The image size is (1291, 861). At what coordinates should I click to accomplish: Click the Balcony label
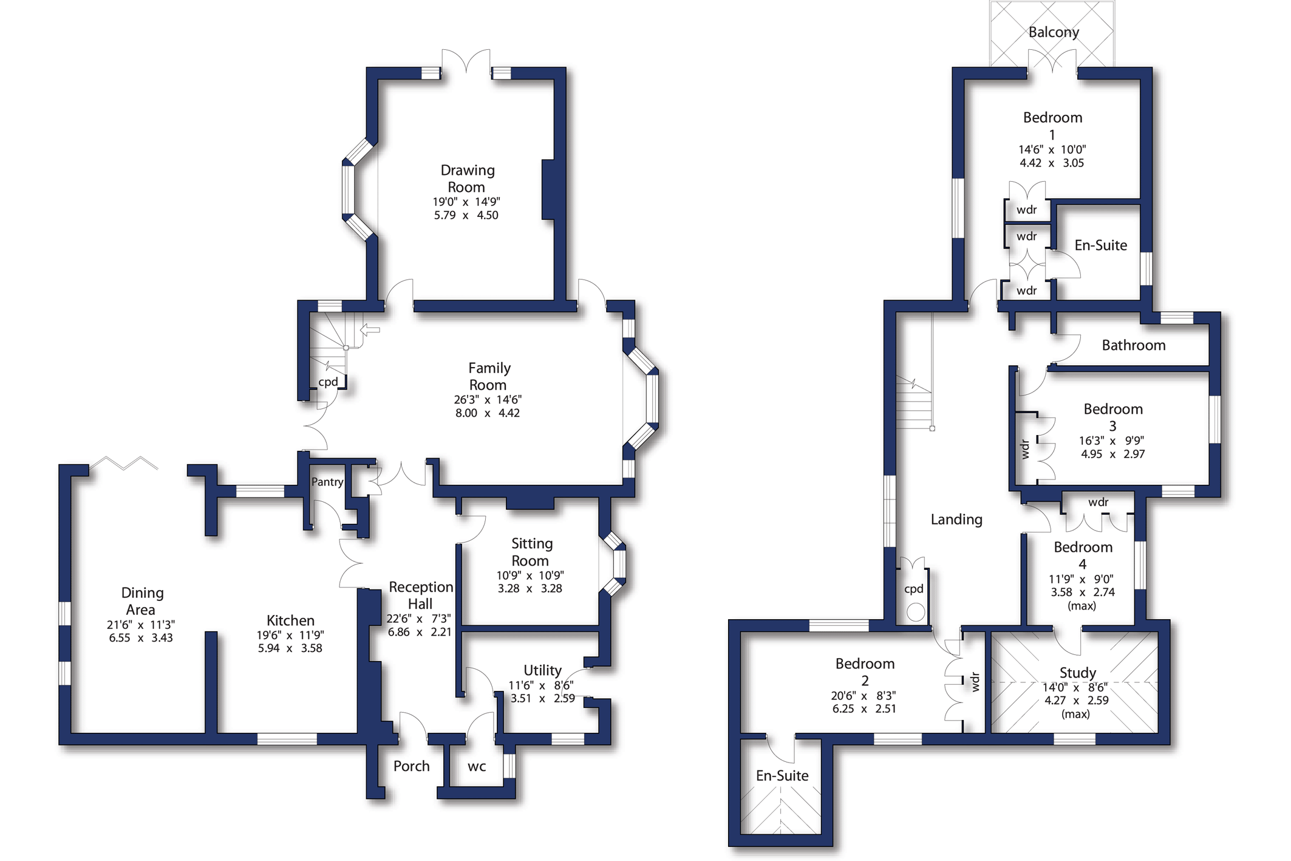[1053, 32]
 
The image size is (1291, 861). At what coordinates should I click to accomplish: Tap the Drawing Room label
[467, 178]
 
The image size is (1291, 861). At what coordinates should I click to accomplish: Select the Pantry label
[327, 482]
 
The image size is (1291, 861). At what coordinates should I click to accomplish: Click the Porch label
[411, 766]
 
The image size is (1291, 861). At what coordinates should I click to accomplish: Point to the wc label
[477, 767]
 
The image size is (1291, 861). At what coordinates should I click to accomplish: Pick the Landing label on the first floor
[956, 520]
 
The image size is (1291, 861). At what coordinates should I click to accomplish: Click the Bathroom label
[1133, 345]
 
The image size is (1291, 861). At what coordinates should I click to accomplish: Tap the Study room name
[1077, 673]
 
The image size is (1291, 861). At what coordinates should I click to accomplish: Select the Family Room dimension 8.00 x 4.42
[487, 413]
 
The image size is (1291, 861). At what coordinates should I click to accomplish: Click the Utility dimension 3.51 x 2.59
[542, 698]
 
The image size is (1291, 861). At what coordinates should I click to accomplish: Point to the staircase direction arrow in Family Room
[370, 330]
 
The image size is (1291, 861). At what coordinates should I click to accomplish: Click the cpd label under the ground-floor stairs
[328, 382]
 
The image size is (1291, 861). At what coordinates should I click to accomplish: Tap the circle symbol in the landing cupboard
[916, 611]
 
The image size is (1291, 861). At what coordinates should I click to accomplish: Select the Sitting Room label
[531, 552]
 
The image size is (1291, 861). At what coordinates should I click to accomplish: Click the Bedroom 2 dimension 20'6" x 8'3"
[864, 696]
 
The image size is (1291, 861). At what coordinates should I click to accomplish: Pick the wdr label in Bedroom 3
[1026, 449]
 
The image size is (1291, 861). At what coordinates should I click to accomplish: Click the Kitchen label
[290, 620]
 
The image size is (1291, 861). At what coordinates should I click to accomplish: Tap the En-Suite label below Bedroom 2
[782, 775]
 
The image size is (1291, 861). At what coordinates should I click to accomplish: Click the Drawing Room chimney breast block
[549, 189]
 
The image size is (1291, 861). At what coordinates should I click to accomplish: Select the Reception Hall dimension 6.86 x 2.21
[420, 632]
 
